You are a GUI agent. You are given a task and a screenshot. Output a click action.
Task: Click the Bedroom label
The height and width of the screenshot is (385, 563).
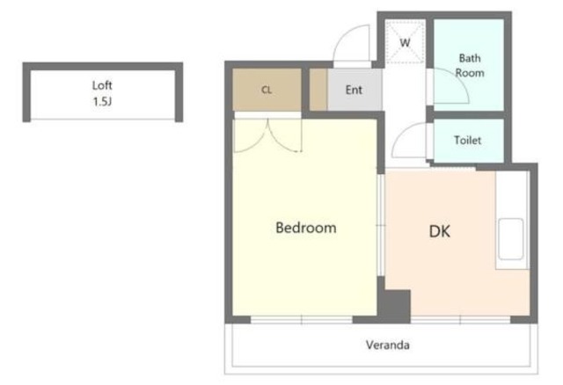point(306,228)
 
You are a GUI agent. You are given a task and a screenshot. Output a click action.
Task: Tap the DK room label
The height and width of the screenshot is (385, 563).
point(440,231)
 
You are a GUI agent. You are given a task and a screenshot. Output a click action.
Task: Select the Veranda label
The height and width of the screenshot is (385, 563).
point(388,345)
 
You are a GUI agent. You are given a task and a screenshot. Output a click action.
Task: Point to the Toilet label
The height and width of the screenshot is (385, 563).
point(467,140)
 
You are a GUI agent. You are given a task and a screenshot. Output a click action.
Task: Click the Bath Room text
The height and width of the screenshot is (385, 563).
point(470,65)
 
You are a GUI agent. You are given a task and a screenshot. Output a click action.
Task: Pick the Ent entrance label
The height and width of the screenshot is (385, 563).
point(354,90)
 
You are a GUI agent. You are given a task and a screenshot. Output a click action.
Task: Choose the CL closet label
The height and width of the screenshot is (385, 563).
point(267,90)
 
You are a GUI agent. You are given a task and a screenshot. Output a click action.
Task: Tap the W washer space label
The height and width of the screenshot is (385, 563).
point(405,43)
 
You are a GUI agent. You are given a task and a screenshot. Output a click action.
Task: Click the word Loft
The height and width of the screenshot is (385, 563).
point(102,85)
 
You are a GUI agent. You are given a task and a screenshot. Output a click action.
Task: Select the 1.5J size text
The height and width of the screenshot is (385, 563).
point(102,102)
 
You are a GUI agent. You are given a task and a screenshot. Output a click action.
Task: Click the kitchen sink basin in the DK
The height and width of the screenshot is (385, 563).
point(510,238)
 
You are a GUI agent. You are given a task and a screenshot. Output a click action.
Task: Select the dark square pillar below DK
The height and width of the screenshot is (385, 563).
point(395,306)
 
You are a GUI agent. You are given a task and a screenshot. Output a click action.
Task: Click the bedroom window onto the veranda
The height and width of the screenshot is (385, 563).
point(301,319)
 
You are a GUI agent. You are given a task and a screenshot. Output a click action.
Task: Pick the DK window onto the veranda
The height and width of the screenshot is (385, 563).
point(460,319)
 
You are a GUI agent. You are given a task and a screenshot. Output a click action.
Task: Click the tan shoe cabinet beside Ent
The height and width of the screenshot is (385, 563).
point(318,90)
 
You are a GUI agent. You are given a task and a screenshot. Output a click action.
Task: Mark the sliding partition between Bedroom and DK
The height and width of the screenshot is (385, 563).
point(381,225)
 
